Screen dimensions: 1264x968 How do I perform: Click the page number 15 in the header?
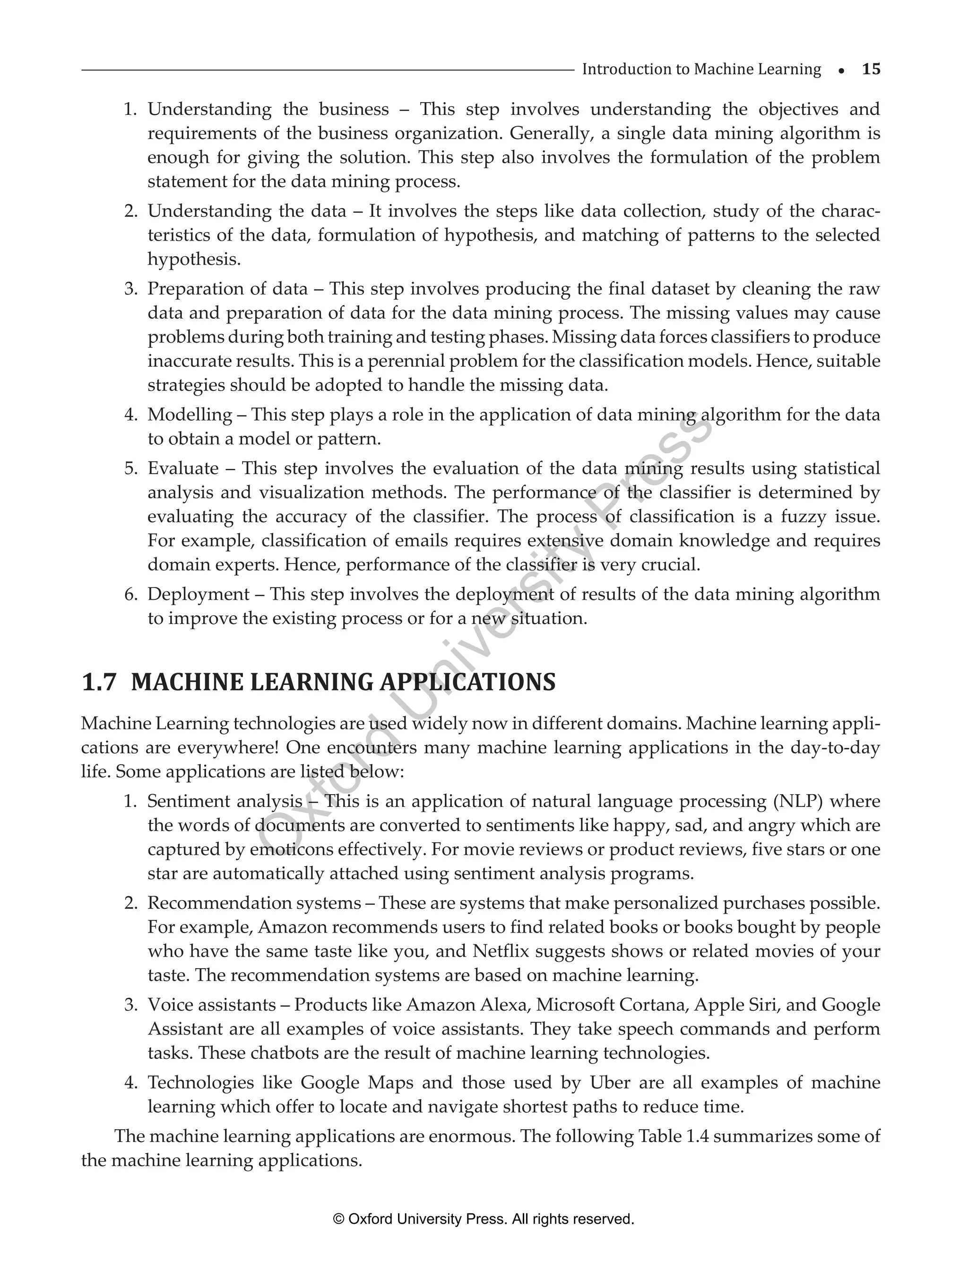coord(871,69)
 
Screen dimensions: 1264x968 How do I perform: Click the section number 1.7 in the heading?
coord(99,683)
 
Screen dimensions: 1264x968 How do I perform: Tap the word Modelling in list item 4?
coord(190,415)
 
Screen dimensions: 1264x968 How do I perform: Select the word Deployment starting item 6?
coord(198,595)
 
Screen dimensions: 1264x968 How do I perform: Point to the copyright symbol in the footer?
coord(338,1219)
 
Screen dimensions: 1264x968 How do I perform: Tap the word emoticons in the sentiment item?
coord(291,850)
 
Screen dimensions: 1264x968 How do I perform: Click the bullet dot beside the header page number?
coord(841,71)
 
